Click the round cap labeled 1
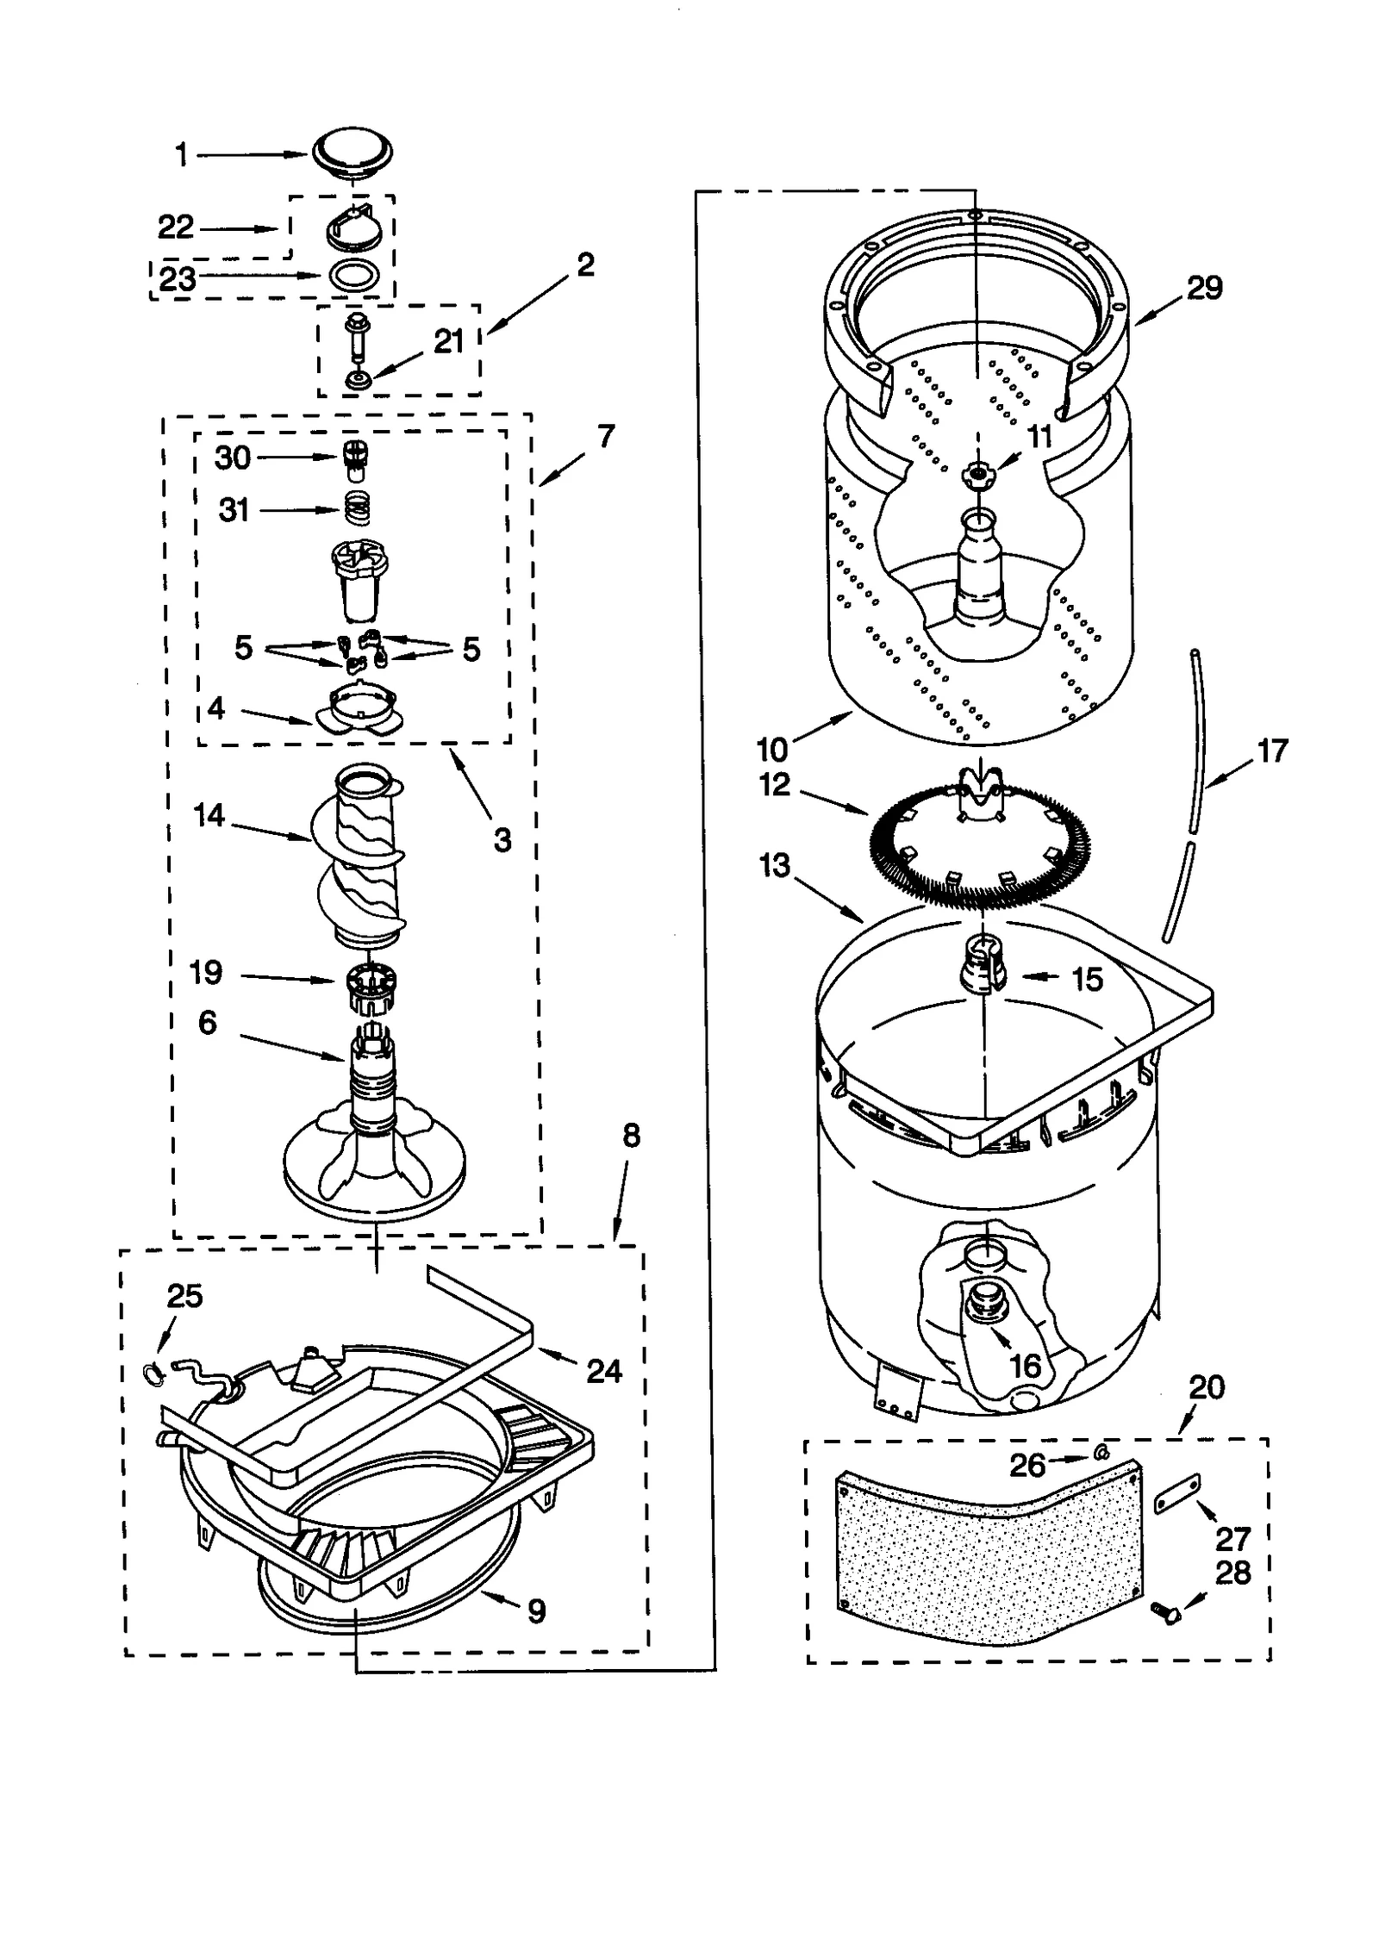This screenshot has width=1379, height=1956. click(353, 154)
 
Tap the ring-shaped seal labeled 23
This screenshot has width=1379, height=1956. click(353, 277)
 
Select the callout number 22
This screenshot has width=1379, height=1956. click(176, 227)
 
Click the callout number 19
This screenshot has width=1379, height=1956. click(205, 973)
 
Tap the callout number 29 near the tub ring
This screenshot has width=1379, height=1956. click(1204, 288)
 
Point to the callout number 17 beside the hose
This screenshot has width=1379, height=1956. click(1272, 751)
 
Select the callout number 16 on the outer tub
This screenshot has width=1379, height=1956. click(1026, 1366)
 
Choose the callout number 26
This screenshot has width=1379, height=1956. click(1027, 1465)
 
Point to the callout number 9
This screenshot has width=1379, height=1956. click(536, 1610)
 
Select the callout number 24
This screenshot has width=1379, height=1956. click(604, 1371)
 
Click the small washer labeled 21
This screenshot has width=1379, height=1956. click(355, 378)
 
